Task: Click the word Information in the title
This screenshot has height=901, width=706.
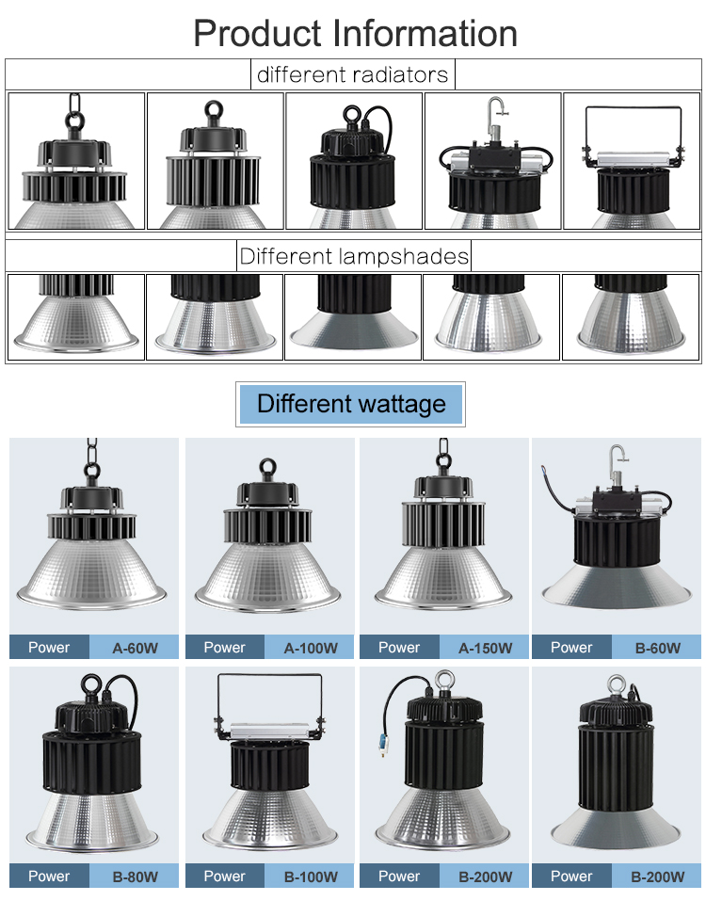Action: coord(425,33)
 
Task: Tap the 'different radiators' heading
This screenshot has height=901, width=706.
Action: coord(352,74)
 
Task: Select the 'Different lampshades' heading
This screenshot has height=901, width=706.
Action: coord(354,256)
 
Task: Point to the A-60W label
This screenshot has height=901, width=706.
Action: coord(135,648)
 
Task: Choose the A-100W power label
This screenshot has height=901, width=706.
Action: coord(311,648)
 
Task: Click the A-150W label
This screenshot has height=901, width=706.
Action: coord(486,648)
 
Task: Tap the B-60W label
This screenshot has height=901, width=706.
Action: coord(658,648)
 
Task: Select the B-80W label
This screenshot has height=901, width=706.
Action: coord(135,877)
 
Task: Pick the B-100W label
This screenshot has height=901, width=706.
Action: coord(311,877)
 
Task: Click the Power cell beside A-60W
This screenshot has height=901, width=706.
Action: coord(49,647)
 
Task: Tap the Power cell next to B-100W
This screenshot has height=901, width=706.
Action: coord(225,876)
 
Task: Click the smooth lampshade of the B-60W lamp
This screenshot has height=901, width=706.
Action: coord(616,587)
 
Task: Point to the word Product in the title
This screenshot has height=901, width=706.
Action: coord(257,33)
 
